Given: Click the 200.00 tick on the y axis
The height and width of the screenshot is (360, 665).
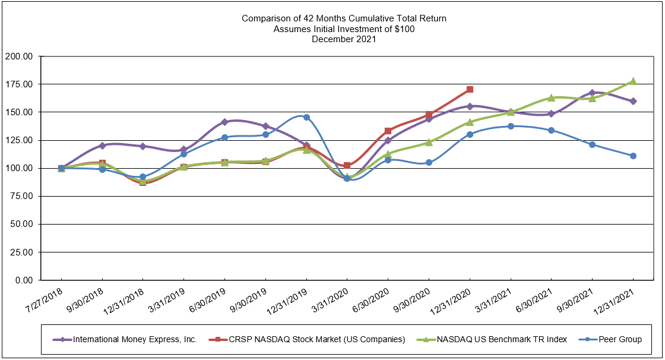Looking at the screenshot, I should click(20, 56).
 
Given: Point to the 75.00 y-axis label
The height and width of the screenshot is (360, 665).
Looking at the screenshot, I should click(22, 196).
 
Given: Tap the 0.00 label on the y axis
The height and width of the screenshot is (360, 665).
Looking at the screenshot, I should click(26, 280).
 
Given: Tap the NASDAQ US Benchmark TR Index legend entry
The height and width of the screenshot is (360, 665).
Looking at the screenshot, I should click(502, 339).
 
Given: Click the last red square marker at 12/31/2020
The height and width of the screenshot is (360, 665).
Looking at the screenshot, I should click(470, 89).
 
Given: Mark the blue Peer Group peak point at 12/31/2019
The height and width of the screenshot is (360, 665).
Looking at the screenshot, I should click(306, 117).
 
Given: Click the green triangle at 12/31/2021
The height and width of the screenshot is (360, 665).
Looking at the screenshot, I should click(633, 81).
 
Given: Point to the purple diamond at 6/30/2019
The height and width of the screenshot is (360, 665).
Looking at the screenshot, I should click(224, 122).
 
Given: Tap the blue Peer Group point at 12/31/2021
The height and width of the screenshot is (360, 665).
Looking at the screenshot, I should click(633, 156).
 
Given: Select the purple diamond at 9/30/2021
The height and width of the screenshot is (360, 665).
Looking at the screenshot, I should click(592, 93).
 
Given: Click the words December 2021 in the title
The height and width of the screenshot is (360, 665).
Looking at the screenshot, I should click(344, 39).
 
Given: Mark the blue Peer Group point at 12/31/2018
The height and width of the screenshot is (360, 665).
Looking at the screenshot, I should click(142, 177).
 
